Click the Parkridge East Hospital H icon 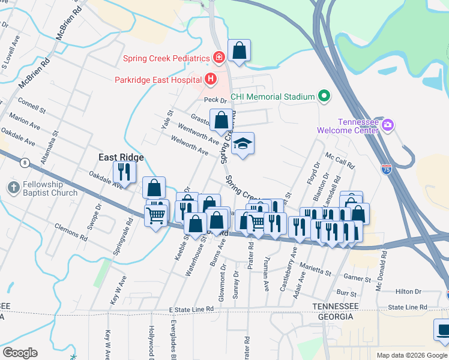click(210, 79)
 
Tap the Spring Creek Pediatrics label click(166, 58)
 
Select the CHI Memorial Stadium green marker click(324, 96)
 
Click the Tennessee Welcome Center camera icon click(388, 125)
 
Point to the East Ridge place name click(121, 157)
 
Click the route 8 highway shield click(25, 163)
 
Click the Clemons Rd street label click(67, 228)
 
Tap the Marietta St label click(316, 272)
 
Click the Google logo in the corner click(20, 353)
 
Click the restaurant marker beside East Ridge click(124, 171)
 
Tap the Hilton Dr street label click(409, 292)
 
